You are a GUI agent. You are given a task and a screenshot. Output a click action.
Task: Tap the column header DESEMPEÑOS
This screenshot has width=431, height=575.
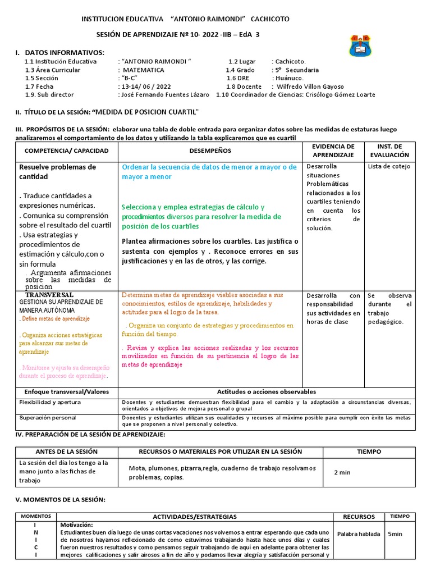click(210, 151)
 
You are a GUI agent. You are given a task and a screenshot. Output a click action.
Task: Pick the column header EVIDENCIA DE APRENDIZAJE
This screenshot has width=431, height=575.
click(333, 150)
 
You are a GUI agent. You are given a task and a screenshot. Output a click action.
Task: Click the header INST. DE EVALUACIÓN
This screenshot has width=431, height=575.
click(389, 150)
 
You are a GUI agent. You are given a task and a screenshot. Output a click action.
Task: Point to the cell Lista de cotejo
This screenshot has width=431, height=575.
click(389, 166)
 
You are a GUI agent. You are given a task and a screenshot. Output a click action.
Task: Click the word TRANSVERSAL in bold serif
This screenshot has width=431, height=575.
click(49, 295)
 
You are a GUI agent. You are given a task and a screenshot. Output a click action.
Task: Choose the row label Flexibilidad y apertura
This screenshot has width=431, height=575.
click(51, 403)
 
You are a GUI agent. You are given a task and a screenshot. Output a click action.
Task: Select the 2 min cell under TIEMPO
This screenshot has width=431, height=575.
click(342, 472)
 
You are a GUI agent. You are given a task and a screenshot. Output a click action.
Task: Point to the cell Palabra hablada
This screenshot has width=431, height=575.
click(358, 534)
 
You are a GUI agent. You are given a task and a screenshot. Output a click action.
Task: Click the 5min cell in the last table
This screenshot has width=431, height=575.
click(395, 534)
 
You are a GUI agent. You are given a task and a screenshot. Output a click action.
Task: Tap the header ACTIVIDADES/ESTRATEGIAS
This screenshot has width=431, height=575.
click(195, 517)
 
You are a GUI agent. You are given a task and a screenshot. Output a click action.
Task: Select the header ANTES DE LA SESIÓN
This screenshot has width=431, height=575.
click(66, 451)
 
